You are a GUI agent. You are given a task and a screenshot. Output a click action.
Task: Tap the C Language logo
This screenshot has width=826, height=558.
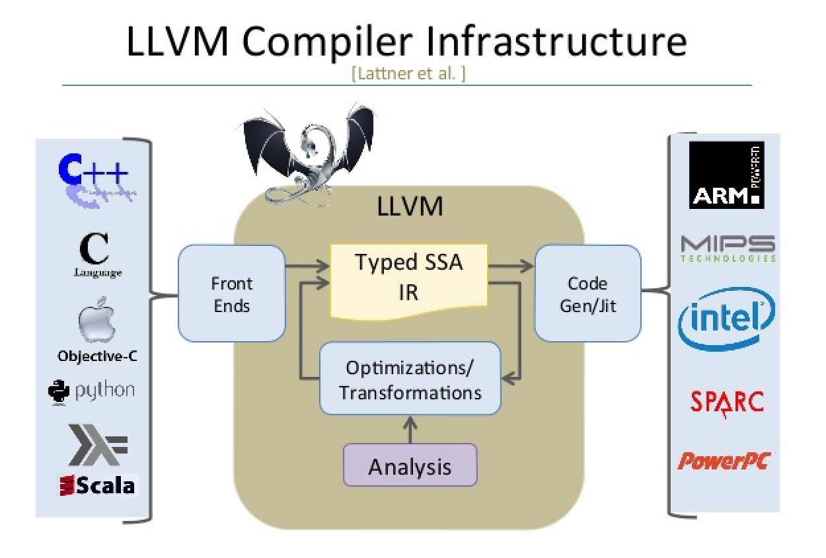point(94,255)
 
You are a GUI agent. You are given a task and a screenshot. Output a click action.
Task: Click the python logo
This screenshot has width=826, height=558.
point(92,391)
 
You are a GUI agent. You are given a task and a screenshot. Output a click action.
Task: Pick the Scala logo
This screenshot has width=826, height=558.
point(98,486)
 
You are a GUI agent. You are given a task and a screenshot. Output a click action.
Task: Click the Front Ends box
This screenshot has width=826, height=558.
point(232,294)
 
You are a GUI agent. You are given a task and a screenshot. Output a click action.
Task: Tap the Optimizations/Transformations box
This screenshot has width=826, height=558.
point(410,379)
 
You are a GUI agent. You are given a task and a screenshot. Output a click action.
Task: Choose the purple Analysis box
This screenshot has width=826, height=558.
point(410,467)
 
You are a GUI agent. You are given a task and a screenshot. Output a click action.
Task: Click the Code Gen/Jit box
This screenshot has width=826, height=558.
point(587,294)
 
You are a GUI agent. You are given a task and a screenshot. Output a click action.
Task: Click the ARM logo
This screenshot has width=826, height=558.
point(726,175)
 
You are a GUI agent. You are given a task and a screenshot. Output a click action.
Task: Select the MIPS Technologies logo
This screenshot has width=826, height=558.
point(728,248)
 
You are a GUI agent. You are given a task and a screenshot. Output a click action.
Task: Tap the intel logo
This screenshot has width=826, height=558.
point(726,318)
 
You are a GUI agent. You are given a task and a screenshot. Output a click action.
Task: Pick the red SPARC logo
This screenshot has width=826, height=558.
point(727,402)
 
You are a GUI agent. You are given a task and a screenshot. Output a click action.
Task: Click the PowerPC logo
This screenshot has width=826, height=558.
point(724,460)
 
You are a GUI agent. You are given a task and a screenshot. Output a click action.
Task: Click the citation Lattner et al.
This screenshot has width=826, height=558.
point(409,74)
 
